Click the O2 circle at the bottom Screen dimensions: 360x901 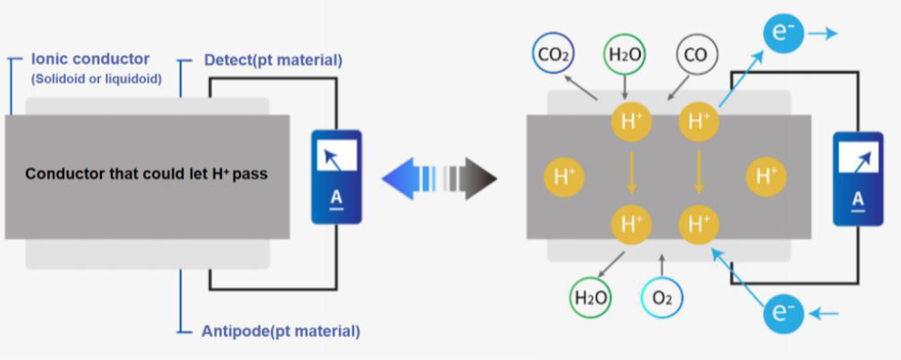(661, 298)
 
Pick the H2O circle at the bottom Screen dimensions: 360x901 (591, 298)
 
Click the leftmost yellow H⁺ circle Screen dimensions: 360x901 (562, 176)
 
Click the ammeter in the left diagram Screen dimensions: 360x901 (336, 176)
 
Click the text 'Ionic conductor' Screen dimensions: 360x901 (90, 60)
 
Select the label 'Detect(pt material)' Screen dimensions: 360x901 (272, 61)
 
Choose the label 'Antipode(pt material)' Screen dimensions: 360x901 (281, 331)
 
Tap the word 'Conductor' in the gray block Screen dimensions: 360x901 (61, 174)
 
